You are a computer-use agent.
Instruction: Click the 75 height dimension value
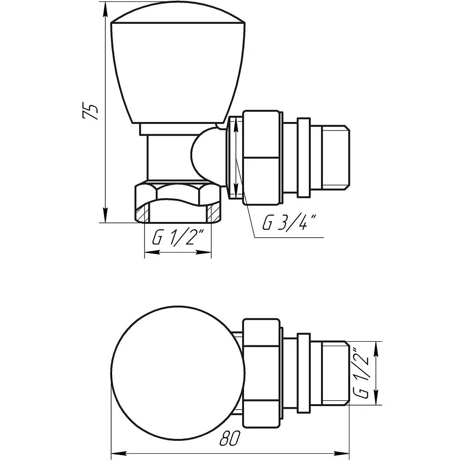pos(90,111)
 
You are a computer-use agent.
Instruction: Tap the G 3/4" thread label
pos(289,222)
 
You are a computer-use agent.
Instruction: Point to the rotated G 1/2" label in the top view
pos(361,373)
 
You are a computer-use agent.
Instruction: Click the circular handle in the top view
pos(178,373)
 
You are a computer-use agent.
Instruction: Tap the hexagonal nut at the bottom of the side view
pos(178,203)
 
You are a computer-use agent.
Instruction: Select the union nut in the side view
pos(261,158)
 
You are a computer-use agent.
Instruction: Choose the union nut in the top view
pos(261,373)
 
